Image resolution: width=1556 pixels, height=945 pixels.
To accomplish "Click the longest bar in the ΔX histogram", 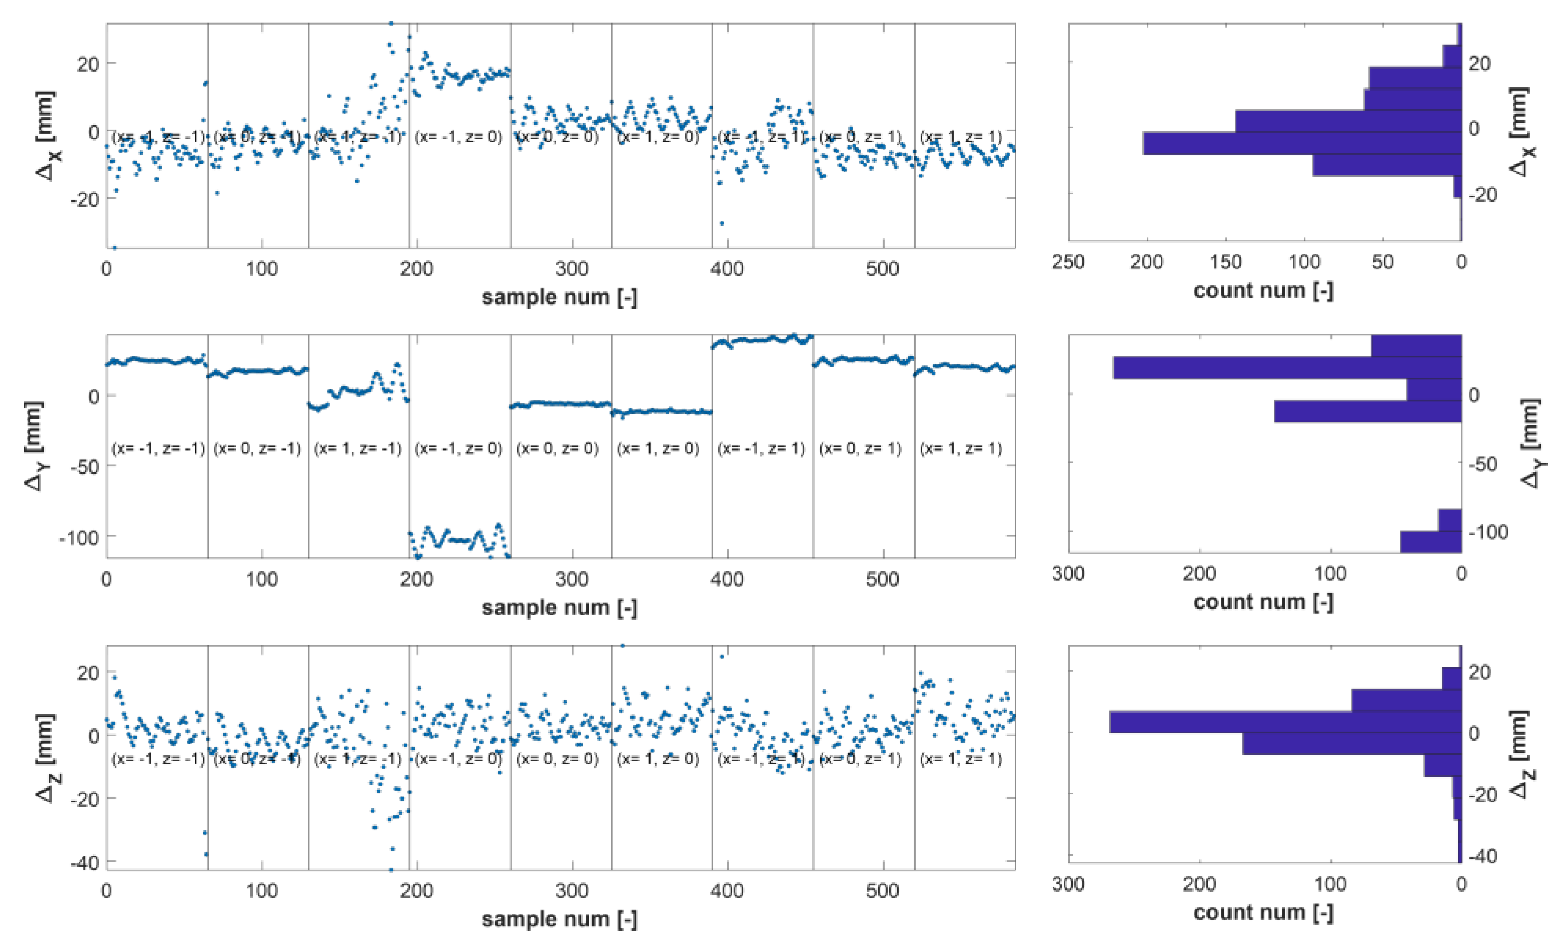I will [1301, 143].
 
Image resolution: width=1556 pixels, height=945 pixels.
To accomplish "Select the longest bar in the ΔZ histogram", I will [1284, 722].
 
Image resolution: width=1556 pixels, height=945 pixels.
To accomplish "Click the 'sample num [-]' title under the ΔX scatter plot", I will [559, 297].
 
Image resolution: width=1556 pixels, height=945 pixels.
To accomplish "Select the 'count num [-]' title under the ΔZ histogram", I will [1263, 912].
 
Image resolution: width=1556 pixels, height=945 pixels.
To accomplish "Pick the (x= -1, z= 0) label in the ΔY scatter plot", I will [458, 449].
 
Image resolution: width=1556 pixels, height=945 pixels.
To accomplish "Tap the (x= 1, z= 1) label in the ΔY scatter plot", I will [960, 449].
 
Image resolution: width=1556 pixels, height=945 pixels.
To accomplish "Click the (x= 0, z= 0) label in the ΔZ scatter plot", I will [557, 759].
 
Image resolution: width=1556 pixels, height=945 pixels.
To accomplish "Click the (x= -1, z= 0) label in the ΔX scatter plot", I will [458, 137].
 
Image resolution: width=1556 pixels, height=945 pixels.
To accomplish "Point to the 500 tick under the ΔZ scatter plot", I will [882, 891].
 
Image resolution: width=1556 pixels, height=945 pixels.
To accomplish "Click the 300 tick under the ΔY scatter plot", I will [572, 579].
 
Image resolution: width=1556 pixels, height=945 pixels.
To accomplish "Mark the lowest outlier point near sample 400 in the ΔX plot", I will [722, 223].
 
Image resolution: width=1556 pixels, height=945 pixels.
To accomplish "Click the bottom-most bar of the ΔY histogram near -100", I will [1430, 542].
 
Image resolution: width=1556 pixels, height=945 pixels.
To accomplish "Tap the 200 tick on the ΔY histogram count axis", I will [1199, 573].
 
